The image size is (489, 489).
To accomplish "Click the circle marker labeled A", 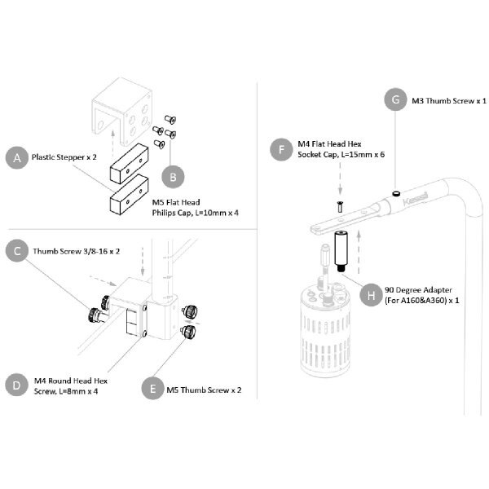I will (15, 157).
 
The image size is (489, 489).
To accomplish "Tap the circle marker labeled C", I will (15, 250).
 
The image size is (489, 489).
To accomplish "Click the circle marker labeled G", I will (395, 100).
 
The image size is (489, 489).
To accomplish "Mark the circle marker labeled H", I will (372, 293).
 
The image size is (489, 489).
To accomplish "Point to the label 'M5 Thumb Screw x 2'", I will (204, 390).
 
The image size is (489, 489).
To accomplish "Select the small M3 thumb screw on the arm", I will (394, 192).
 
